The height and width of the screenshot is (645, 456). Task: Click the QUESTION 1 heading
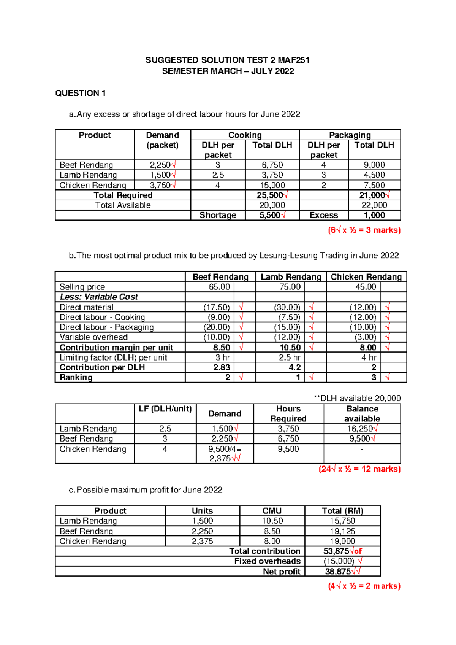(x=80, y=93)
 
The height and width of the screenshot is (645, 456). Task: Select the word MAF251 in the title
(x=293, y=60)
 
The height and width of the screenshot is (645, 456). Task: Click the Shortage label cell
(x=218, y=215)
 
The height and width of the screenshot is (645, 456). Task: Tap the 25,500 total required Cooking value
(x=270, y=195)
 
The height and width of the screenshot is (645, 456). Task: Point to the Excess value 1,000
(x=374, y=215)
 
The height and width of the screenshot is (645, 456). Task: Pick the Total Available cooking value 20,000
(x=272, y=205)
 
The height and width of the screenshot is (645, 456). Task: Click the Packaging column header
(x=350, y=135)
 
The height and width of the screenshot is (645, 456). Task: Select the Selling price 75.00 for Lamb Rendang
(x=290, y=287)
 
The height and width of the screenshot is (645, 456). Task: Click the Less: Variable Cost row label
(x=99, y=297)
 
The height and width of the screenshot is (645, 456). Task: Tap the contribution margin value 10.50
(x=290, y=347)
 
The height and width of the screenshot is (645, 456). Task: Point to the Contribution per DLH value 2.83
(x=221, y=367)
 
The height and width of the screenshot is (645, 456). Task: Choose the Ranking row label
(x=76, y=377)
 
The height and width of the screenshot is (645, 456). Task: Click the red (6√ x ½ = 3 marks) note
(x=364, y=230)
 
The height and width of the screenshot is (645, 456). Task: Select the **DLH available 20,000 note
(x=357, y=398)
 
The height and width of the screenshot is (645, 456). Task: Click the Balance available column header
(x=362, y=414)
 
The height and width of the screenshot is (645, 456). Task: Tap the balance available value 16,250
(x=359, y=429)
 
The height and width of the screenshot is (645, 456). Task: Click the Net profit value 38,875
(x=338, y=571)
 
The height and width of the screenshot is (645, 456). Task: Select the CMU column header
(x=272, y=511)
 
